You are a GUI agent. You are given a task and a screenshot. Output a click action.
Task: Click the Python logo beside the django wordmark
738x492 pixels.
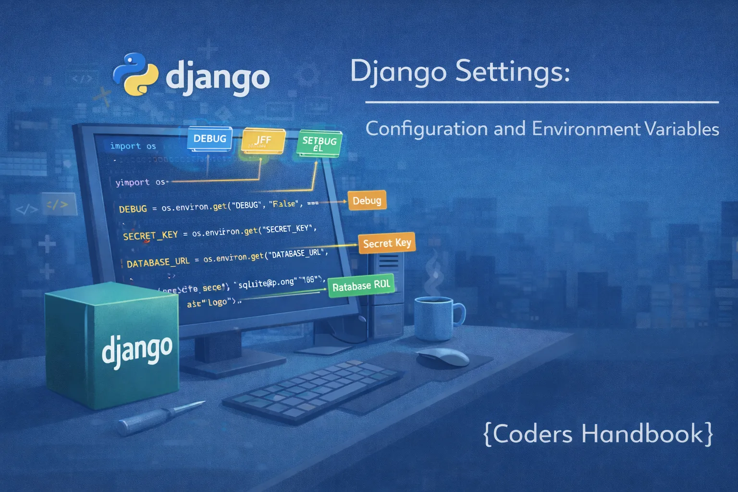point(135,74)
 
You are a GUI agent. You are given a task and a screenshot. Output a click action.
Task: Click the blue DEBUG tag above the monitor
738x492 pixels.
point(209,138)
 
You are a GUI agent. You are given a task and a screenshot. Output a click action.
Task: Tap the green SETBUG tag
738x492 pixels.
point(320,143)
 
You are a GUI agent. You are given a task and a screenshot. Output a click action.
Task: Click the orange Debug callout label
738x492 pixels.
point(367,201)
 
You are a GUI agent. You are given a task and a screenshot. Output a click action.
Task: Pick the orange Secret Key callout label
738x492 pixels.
point(387,244)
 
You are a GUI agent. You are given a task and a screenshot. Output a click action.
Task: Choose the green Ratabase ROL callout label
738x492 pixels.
point(361,286)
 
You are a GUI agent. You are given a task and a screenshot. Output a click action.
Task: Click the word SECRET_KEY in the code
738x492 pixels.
point(150,235)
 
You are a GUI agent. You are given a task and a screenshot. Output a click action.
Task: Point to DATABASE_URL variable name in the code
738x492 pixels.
point(158,262)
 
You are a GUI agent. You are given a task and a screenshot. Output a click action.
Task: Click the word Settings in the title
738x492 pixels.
point(512,72)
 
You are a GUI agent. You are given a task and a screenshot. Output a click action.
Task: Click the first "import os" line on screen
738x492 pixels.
point(133,146)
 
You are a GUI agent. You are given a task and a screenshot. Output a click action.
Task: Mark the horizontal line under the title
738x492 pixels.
point(541,102)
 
